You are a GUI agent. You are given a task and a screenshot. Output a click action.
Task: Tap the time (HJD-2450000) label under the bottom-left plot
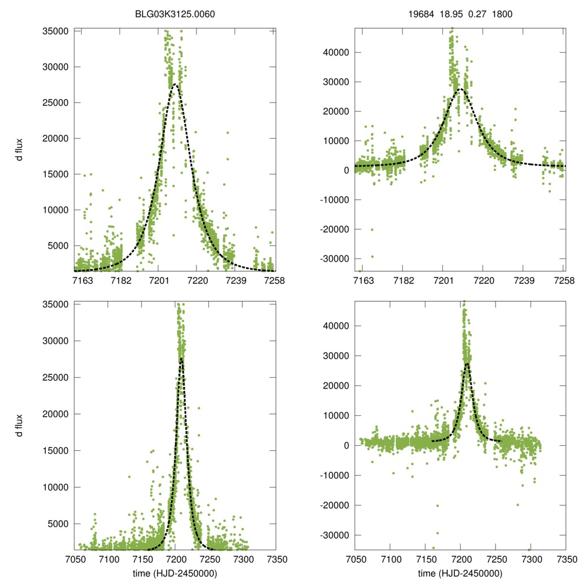pos(176,573)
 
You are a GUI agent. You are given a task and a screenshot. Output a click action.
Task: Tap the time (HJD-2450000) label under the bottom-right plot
pos(460,573)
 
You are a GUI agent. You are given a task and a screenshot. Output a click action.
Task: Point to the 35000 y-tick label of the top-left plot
pos(56,31)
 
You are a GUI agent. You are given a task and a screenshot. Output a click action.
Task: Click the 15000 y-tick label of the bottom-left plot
pos(56,451)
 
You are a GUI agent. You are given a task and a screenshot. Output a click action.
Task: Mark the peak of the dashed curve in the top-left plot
pos(176,85)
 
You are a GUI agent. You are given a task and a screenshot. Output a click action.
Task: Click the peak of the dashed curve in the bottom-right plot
pos(467,363)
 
